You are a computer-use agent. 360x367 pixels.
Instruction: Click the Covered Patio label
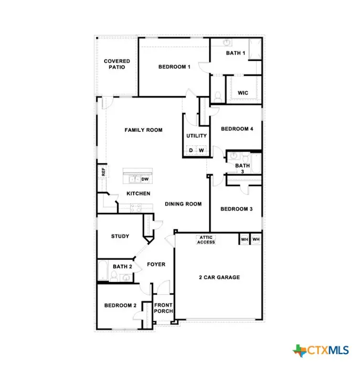pyautogui.click(x=116, y=64)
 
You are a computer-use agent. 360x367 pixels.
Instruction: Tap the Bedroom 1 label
pyautogui.click(x=174, y=67)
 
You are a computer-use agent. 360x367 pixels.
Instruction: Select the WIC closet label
pyautogui.click(x=243, y=93)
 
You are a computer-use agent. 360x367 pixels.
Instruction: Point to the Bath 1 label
pyautogui.click(x=235, y=53)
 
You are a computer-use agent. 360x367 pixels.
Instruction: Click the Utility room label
pyautogui.click(x=196, y=136)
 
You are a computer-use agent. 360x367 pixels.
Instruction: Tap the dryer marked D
pyautogui.click(x=191, y=151)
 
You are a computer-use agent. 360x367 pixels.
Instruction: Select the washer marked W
pyautogui.click(x=202, y=151)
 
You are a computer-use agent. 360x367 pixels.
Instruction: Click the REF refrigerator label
pyautogui.click(x=102, y=172)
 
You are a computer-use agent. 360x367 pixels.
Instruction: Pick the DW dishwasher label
pyautogui.click(x=146, y=179)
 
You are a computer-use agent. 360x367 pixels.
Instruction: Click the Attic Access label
pyautogui.click(x=206, y=239)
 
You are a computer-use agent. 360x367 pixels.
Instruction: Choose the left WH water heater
pyautogui.click(x=244, y=239)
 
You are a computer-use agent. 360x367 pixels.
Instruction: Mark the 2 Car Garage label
pyautogui.click(x=219, y=277)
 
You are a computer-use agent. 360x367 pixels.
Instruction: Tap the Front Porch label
pyautogui.click(x=163, y=308)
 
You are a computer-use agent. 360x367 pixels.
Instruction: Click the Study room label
pyautogui.click(x=120, y=236)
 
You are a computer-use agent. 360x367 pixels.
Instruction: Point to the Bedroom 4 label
pyautogui.click(x=237, y=129)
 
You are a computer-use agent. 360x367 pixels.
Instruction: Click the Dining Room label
pyautogui.click(x=183, y=204)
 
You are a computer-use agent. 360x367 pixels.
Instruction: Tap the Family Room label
pyautogui.click(x=143, y=130)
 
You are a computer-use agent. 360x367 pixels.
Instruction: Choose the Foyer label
pyautogui.click(x=156, y=264)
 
